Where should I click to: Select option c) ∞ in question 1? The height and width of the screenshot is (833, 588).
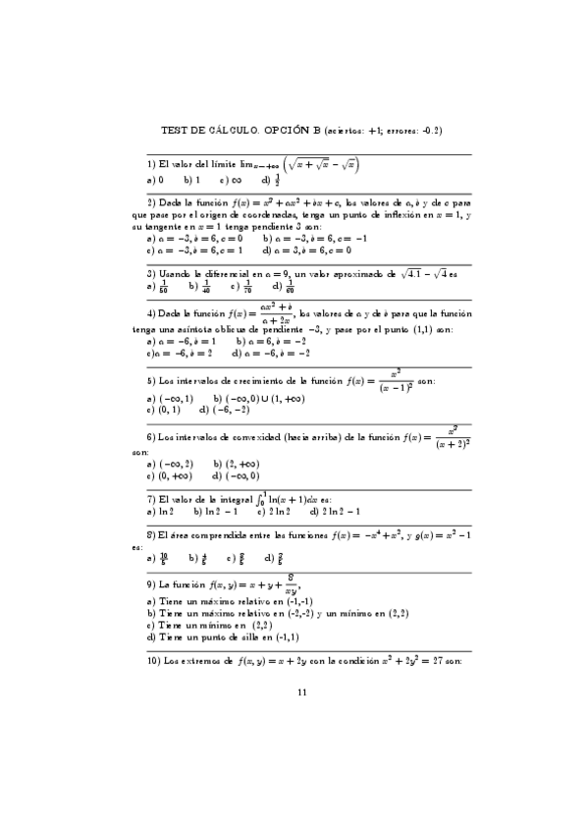(x=232, y=181)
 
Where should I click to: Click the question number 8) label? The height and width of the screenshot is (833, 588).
(x=150, y=535)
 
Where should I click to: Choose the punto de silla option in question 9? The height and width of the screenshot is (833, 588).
(x=205, y=637)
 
